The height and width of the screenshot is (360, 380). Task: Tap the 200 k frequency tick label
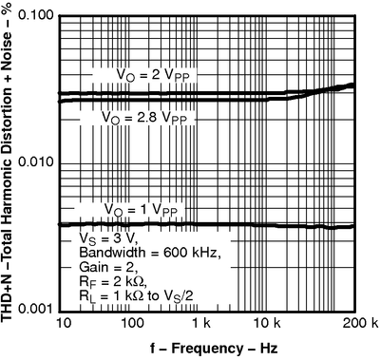[359, 325]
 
